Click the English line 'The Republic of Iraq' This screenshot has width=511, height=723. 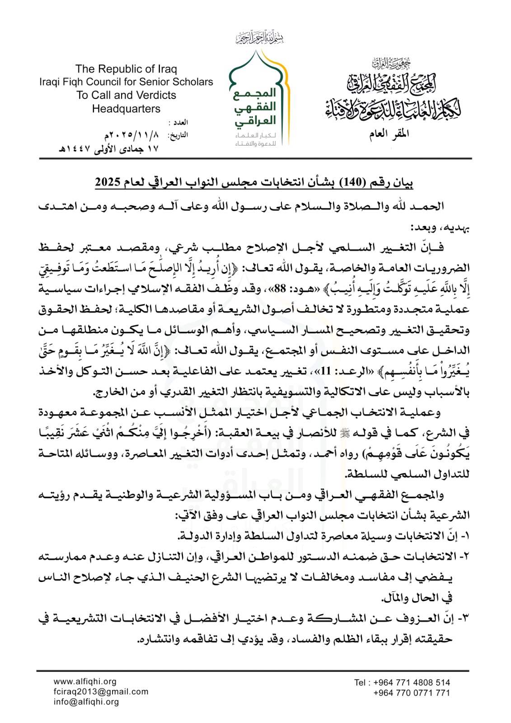click(x=126, y=69)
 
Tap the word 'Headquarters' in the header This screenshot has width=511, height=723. click(x=126, y=109)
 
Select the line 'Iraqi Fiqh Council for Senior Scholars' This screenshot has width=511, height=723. click(x=126, y=82)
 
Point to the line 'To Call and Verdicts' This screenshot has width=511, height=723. click(x=126, y=95)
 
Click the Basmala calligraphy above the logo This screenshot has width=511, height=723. click(x=259, y=38)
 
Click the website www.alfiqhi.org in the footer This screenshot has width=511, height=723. click(x=85, y=682)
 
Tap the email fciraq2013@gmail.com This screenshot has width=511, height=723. click(x=100, y=692)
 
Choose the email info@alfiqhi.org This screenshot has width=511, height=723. click(x=86, y=702)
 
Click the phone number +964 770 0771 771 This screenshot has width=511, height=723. click(x=411, y=693)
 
